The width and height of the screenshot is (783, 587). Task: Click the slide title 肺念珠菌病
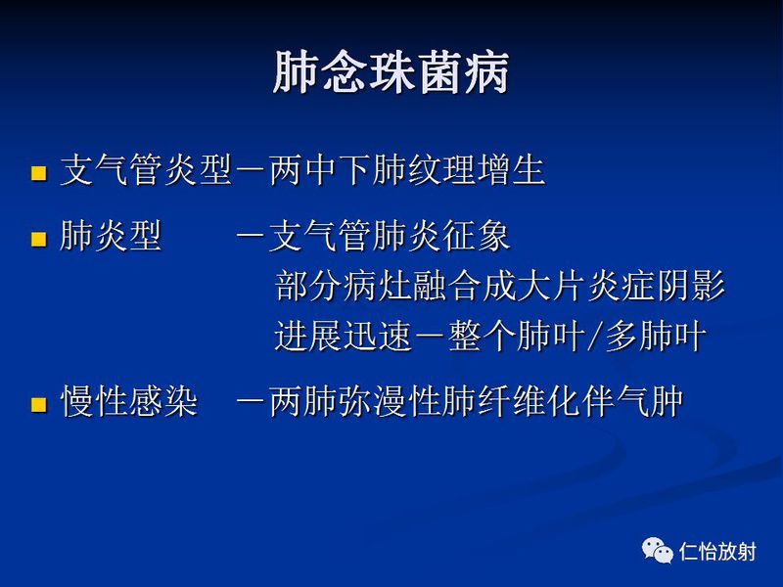click(391, 74)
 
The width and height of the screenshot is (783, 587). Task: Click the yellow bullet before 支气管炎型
click(38, 175)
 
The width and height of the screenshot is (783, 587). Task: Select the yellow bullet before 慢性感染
click(38, 403)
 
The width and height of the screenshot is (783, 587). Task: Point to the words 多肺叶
click(654, 338)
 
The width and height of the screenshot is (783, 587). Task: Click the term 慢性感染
click(128, 402)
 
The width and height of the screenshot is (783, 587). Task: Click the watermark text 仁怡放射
click(717, 552)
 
